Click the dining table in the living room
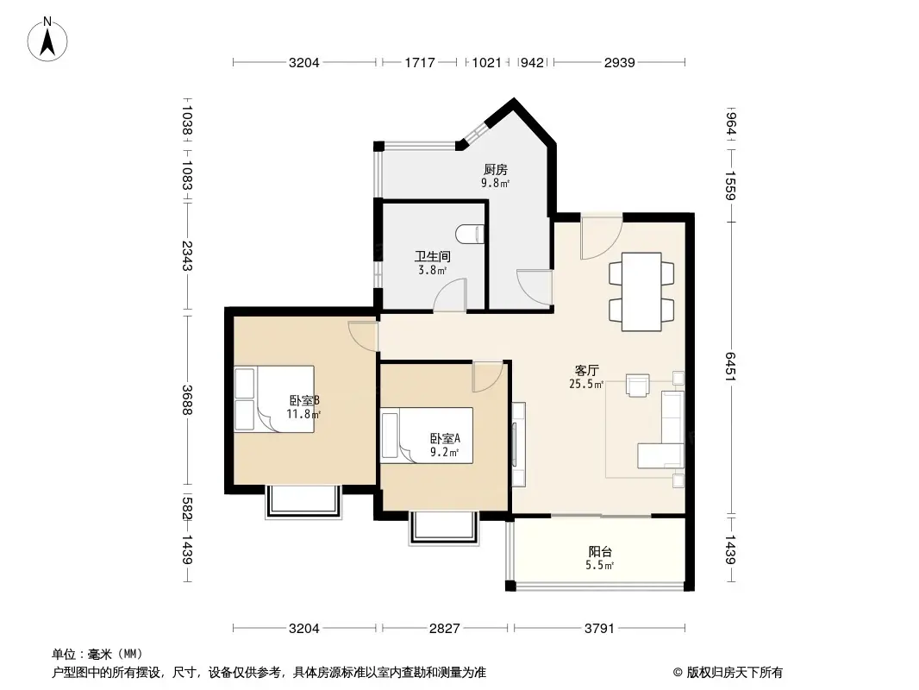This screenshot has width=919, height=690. click(x=642, y=291)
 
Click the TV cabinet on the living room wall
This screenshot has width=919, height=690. click(x=518, y=445)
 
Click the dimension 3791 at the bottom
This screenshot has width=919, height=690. click(x=598, y=629)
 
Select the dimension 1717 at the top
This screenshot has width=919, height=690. click(x=419, y=62)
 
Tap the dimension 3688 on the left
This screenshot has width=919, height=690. click(x=186, y=398)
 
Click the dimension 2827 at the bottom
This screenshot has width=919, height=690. click(x=445, y=629)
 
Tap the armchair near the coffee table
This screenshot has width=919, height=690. click(x=638, y=386)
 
